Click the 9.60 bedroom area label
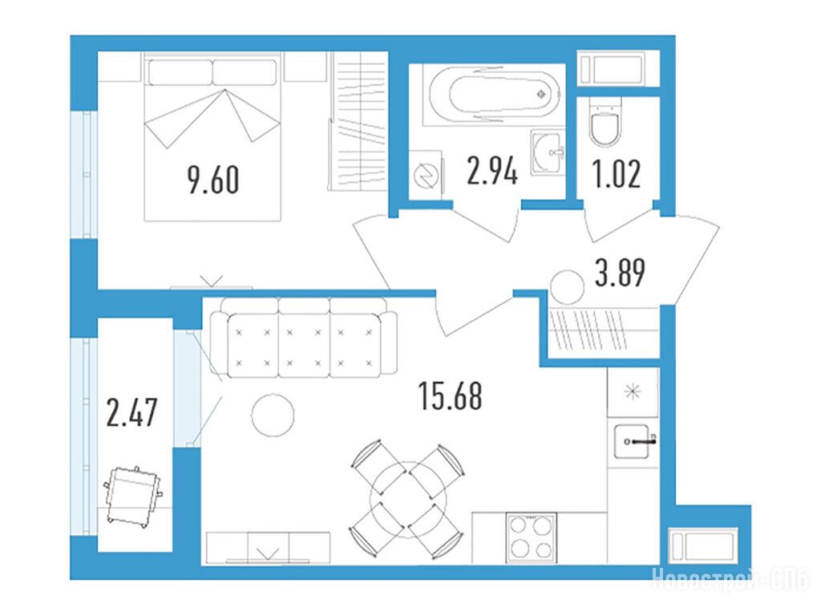[213, 180]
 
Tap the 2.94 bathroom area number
[492, 171]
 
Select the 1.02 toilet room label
[617, 174]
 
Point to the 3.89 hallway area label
[620, 273]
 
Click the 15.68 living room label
[451, 396]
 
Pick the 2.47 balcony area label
[131, 412]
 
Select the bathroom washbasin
[548, 152]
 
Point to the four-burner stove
[532, 537]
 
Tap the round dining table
[408, 500]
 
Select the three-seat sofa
[304, 338]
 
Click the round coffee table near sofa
[273, 415]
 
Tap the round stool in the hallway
[567, 288]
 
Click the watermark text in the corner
[730, 579]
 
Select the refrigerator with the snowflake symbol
[633, 391]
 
